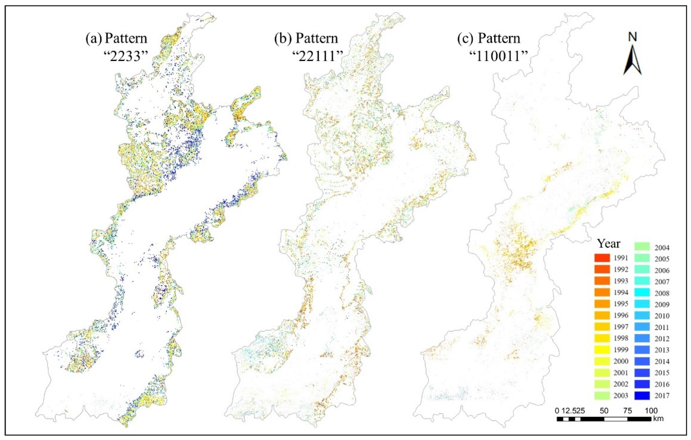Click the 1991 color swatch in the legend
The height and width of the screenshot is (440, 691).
coord(602,258)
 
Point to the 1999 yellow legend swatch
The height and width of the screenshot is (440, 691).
coord(602,350)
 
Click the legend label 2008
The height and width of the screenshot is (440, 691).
coord(662,293)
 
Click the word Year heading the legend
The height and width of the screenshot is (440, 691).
coord(609,244)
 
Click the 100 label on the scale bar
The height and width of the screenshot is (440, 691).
coord(651,410)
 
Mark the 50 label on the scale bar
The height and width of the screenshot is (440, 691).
coord(604,410)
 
